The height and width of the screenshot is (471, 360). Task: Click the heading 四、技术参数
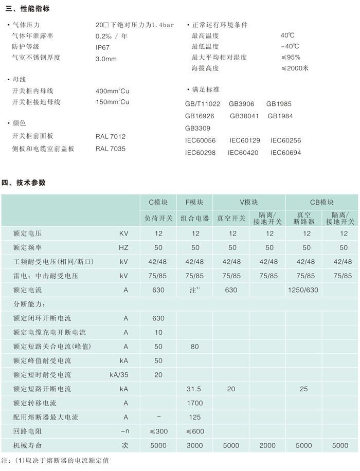25,182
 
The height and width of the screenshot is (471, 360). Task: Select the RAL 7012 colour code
110,137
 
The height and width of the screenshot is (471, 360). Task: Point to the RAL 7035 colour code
110,149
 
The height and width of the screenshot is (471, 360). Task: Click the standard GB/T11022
203,104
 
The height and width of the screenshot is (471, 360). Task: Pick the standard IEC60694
285,153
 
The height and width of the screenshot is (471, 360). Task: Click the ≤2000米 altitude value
294,68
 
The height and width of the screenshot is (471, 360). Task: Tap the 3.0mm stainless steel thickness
106,59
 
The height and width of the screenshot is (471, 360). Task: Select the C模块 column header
158,202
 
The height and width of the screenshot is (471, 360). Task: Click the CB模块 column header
322,202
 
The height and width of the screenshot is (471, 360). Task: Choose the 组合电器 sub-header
195,219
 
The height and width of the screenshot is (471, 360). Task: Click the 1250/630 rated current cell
304,290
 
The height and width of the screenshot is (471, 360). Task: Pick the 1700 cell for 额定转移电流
195,403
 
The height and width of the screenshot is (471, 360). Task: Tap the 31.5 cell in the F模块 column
195,389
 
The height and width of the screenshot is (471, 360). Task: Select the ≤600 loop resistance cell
195,431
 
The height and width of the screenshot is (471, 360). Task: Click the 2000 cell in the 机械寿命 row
267,446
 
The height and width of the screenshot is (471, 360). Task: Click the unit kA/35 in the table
119,375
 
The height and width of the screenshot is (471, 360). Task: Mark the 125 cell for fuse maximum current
195,417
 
